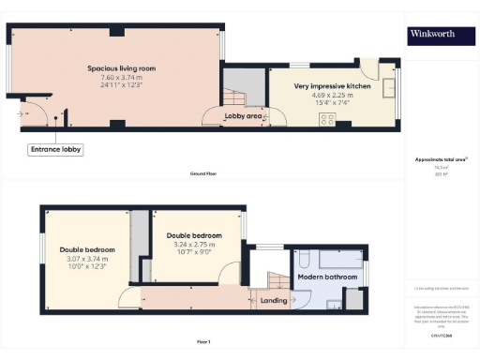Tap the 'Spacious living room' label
(x=121, y=68)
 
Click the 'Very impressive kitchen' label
(x=333, y=85)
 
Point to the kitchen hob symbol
(x=328, y=118)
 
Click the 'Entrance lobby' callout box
(x=55, y=148)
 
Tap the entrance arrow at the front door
(x=22, y=112)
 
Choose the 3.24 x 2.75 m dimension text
(x=194, y=245)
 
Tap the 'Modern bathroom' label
(x=328, y=277)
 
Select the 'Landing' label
(x=274, y=300)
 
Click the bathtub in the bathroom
(x=339, y=260)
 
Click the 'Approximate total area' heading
(x=441, y=159)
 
